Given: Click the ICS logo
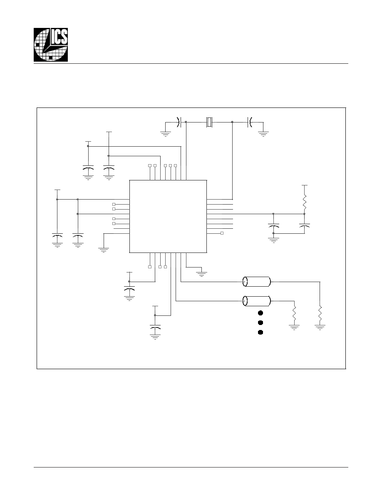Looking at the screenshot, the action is pyautogui.click(x=51, y=45).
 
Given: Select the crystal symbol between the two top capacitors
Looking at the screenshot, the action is pyautogui.click(x=209, y=122).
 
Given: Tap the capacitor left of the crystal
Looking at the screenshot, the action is pyautogui.click(x=179, y=122).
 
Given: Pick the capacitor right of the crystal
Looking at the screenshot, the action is pyautogui.click(x=250, y=122).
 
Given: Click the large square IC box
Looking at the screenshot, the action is pyautogui.click(x=168, y=217).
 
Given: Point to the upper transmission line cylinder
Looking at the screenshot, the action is pyautogui.click(x=257, y=282).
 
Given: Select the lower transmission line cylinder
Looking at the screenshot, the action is pyautogui.click(x=257, y=301).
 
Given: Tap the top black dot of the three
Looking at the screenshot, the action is pyautogui.click(x=260, y=313).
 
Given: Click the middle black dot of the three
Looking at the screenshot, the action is pyautogui.click(x=260, y=322).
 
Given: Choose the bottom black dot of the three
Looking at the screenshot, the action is pyautogui.click(x=260, y=332).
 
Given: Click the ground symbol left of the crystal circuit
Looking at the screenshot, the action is pyautogui.click(x=165, y=133).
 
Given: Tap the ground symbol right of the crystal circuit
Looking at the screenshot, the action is pyautogui.click(x=263, y=133).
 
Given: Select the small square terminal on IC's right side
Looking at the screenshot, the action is pyautogui.click(x=222, y=233).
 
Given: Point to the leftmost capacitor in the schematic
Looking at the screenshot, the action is pyautogui.click(x=57, y=235).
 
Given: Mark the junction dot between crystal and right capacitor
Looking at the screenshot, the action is pyautogui.click(x=232, y=122).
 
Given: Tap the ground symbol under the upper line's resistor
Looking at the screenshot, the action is pyautogui.click(x=320, y=327).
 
